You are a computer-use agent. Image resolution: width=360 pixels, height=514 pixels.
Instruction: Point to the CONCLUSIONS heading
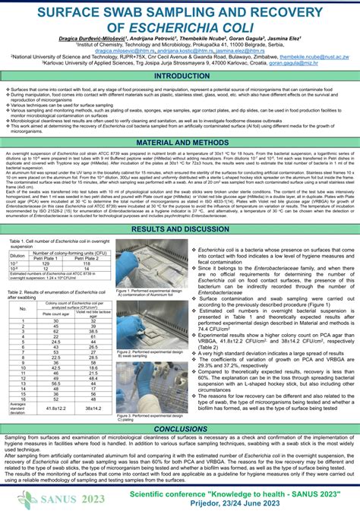[x=179, y=429]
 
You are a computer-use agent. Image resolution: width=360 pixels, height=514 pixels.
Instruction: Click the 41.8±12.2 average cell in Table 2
[x=56, y=408]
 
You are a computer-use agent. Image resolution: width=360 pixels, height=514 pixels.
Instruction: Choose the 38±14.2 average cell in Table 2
[x=93, y=408]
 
